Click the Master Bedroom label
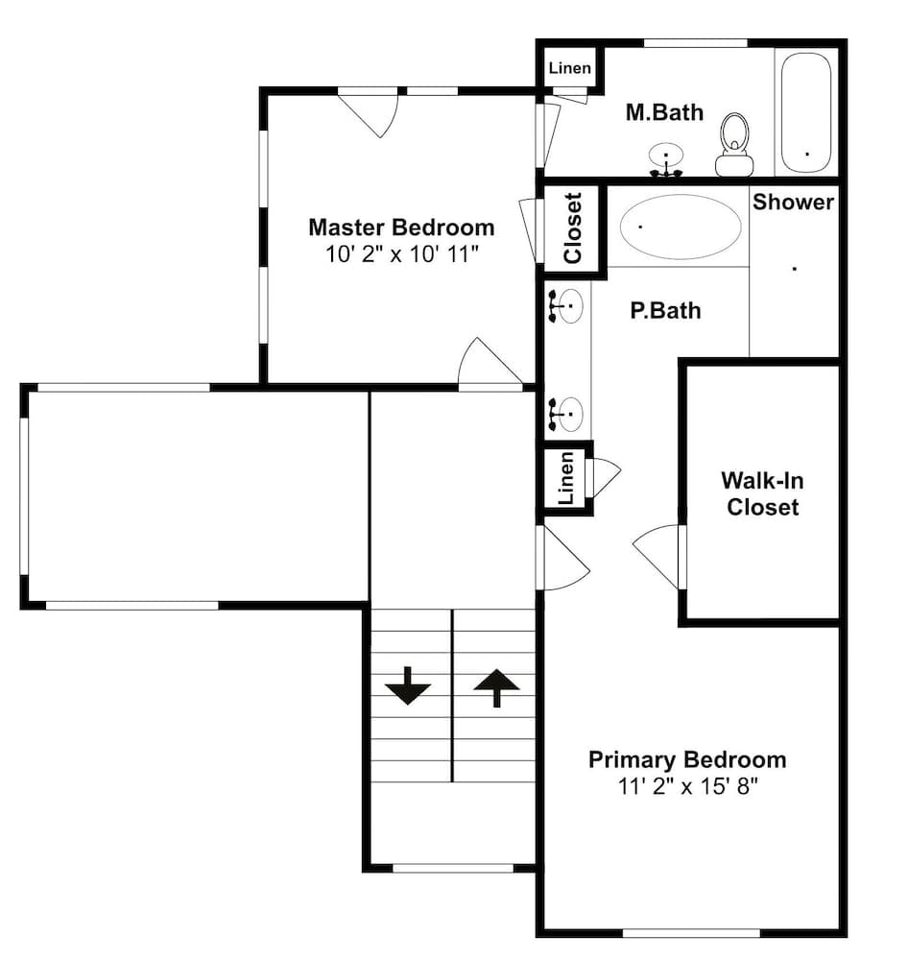pos(401,228)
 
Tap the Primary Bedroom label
pos(687,759)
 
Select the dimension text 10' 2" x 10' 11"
pos(401,253)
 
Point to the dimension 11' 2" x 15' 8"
pos(687,785)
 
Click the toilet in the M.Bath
pos(734,145)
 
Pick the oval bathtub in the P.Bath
pos(681,227)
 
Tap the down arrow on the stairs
pos(408,685)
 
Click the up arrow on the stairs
pos(496,688)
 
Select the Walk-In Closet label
pos(762,493)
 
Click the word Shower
pos(793,202)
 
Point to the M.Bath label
pos(664,112)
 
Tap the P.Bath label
pos(665,310)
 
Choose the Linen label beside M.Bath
pos(570,68)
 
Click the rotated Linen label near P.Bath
pos(567,478)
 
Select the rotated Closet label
pos(572,228)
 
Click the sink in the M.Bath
pos(666,160)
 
